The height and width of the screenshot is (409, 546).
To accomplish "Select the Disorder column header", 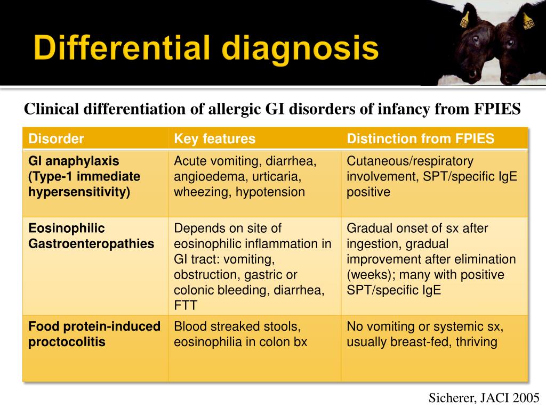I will coord(56,139).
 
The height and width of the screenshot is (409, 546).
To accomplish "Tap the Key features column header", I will coord(215,139).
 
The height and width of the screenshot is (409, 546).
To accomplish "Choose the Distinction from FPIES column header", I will coord(420,139).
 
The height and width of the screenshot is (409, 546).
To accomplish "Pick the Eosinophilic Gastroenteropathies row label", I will coord(91,236).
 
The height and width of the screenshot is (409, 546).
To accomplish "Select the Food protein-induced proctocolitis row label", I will coord(94,334).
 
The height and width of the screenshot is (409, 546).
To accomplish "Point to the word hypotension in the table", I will coord(272,192).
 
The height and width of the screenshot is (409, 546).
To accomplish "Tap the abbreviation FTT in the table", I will coord(185,306).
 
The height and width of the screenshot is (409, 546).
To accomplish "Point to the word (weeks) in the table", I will coord(368,275).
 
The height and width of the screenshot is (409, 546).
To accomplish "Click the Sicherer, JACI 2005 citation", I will coord(484,397).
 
